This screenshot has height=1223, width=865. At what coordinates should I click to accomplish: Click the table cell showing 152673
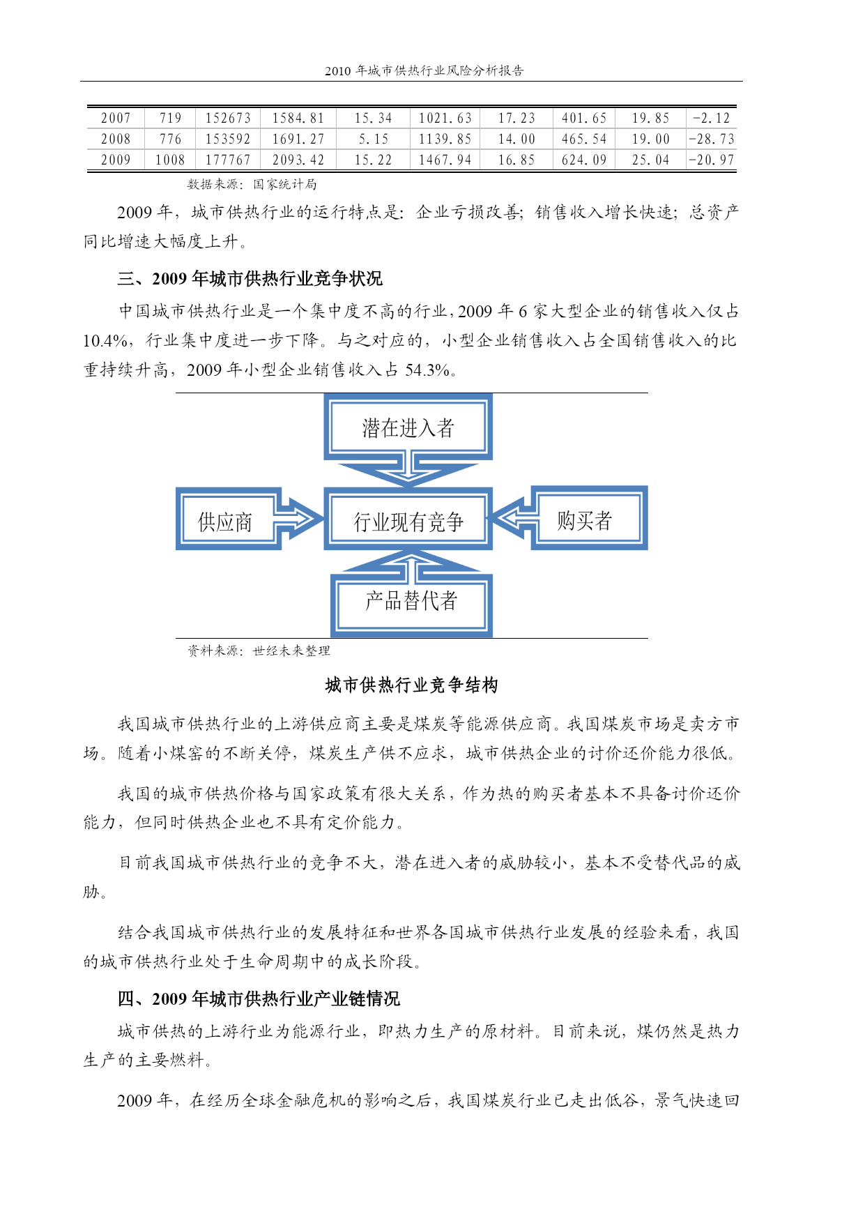tap(228, 119)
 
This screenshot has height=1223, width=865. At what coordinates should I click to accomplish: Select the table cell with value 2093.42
tap(298, 160)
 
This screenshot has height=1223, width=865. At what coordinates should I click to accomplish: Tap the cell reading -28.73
tap(711, 139)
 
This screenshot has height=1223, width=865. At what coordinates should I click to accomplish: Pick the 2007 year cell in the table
tap(116, 119)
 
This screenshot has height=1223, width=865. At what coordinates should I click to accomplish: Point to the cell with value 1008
tap(170, 160)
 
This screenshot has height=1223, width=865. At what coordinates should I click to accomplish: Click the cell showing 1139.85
tap(445, 139)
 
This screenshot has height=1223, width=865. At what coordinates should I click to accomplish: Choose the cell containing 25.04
tap(650, 160)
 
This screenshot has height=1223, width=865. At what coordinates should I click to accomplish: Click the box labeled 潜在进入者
tap(408, 427)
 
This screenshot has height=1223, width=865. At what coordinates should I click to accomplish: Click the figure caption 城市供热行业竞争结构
tap(412, 685)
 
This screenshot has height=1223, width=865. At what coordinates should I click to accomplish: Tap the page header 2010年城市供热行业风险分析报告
tap(424, 70)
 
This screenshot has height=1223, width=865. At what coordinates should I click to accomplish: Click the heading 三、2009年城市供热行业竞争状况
tap(250, 279)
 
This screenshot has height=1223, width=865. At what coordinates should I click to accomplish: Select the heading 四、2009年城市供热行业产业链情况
tap(259, 999)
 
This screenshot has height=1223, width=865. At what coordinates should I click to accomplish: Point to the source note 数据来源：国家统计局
tap(252, 184)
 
